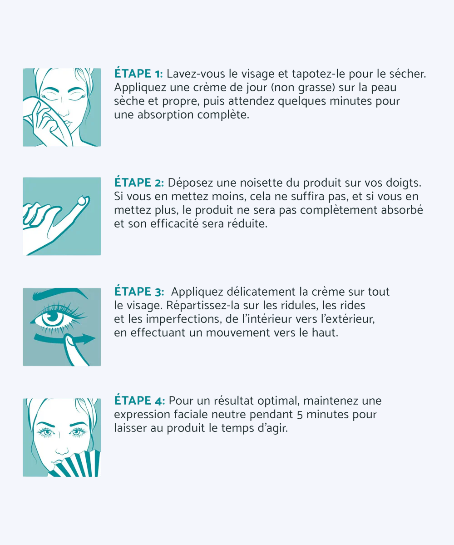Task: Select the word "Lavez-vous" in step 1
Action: point(190,74)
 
